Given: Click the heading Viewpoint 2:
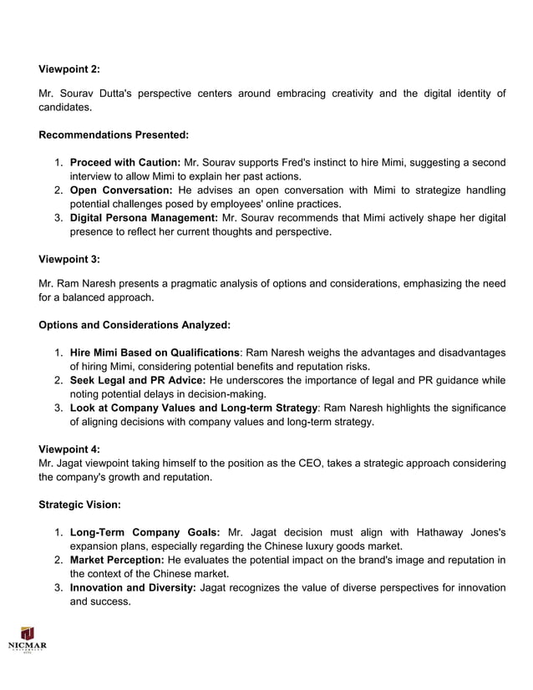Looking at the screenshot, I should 69,69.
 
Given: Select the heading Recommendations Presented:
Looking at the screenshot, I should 114,134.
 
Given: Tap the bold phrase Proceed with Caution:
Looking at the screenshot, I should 124,161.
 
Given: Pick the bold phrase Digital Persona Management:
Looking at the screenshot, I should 145,217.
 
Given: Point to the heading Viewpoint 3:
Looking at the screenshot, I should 69,259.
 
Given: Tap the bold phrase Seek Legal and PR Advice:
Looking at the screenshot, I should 138,380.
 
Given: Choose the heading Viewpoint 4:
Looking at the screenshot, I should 69,449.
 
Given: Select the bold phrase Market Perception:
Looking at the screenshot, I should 116,559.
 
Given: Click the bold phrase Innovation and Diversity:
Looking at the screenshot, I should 133,588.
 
